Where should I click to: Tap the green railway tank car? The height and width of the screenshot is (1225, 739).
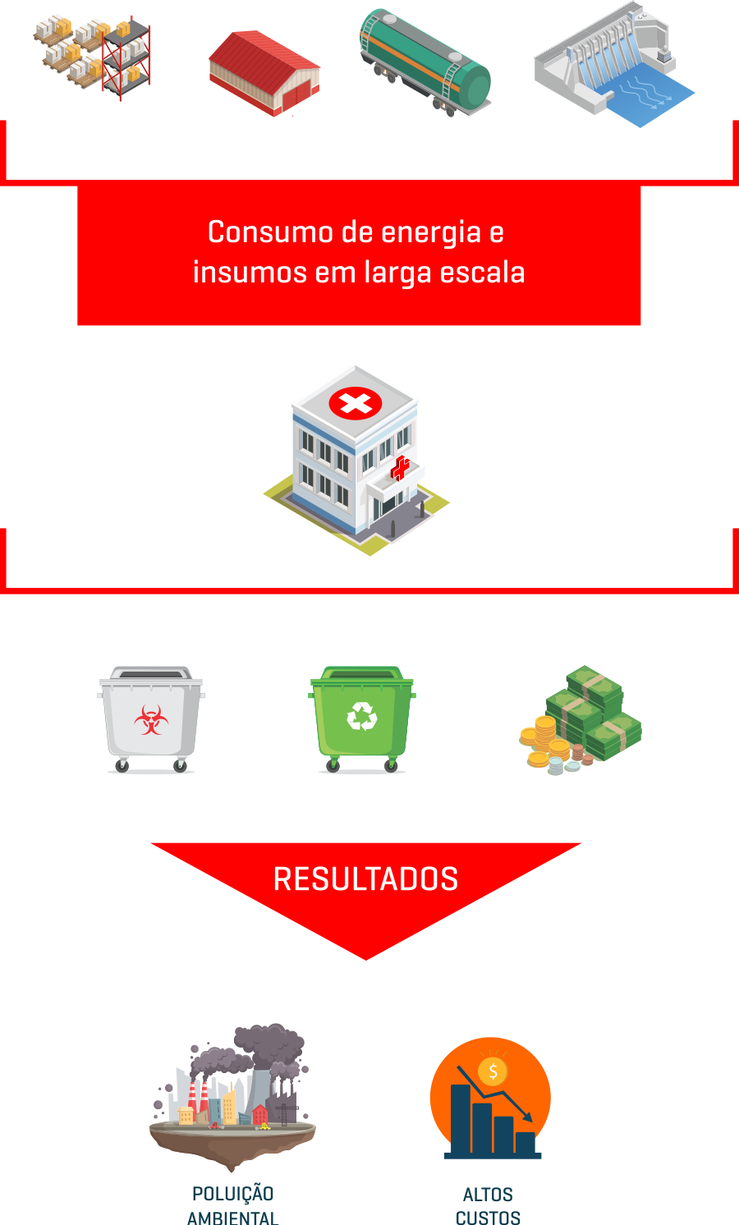tap(425, 62)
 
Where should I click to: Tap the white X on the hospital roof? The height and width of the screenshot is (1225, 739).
tap(356, 403)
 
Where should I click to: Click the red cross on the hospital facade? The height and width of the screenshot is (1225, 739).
tap(400, 469)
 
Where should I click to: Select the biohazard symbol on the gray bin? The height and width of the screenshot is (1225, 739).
tap(151, 719)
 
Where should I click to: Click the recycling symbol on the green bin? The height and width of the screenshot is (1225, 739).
tap(361, 716)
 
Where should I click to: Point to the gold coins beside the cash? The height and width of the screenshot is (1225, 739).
tap(544, 741)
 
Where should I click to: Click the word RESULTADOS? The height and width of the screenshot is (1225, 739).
tap(365, 879)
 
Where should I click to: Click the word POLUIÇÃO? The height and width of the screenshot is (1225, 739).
tap(233, 1194)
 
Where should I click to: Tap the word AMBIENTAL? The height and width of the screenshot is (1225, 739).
tap(233, 1218)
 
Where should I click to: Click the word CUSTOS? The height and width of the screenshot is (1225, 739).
tap(489, 1218)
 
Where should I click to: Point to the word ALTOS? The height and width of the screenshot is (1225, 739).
tap(489, 1195)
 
